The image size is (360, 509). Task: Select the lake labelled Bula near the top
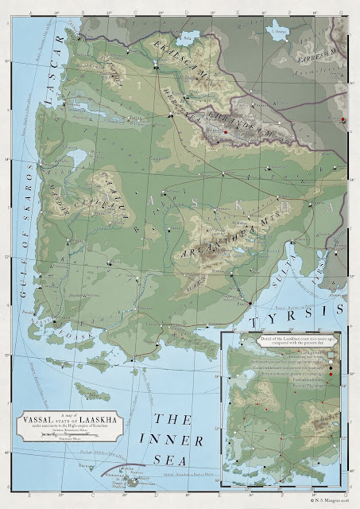click(x=188, y=37)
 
